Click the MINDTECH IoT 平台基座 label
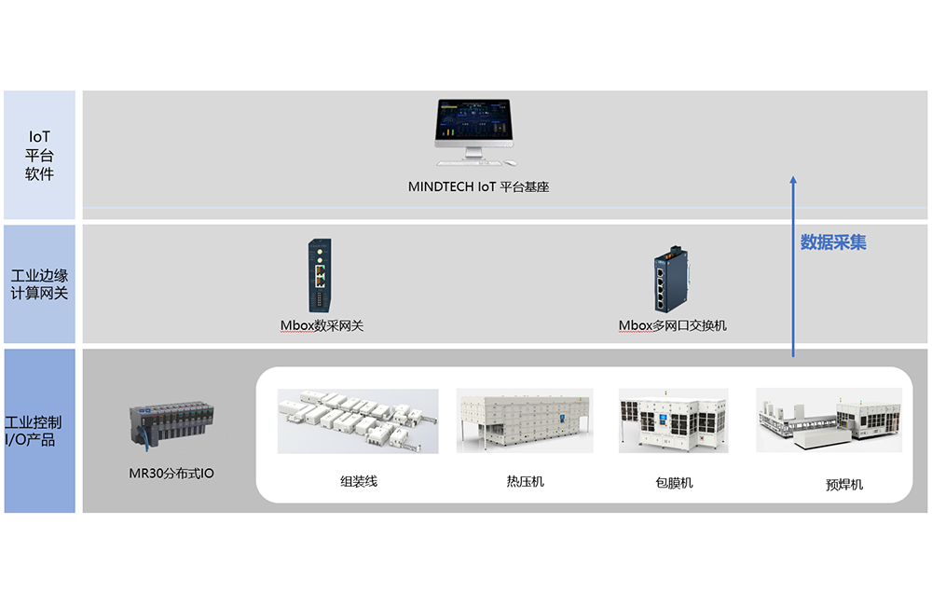(x=478, y=186)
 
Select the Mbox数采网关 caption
(x=322, y=325)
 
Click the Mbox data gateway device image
(x=320, y=275)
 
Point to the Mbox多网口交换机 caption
(x=672, y=325)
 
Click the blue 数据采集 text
(x=833, y=242)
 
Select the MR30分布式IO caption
(x=171, y=474)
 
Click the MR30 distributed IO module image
(x=172, y=424)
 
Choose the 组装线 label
(x=358, y=482)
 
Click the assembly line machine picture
(x=358, y=420)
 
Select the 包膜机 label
(x=674, y=483)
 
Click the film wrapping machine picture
(x=674, y=420)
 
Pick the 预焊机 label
(x=844, y=484)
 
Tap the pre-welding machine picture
(x=829, y=420)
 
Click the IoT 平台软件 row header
(x=40, y=155)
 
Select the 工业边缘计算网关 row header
(x=40, y=284)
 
